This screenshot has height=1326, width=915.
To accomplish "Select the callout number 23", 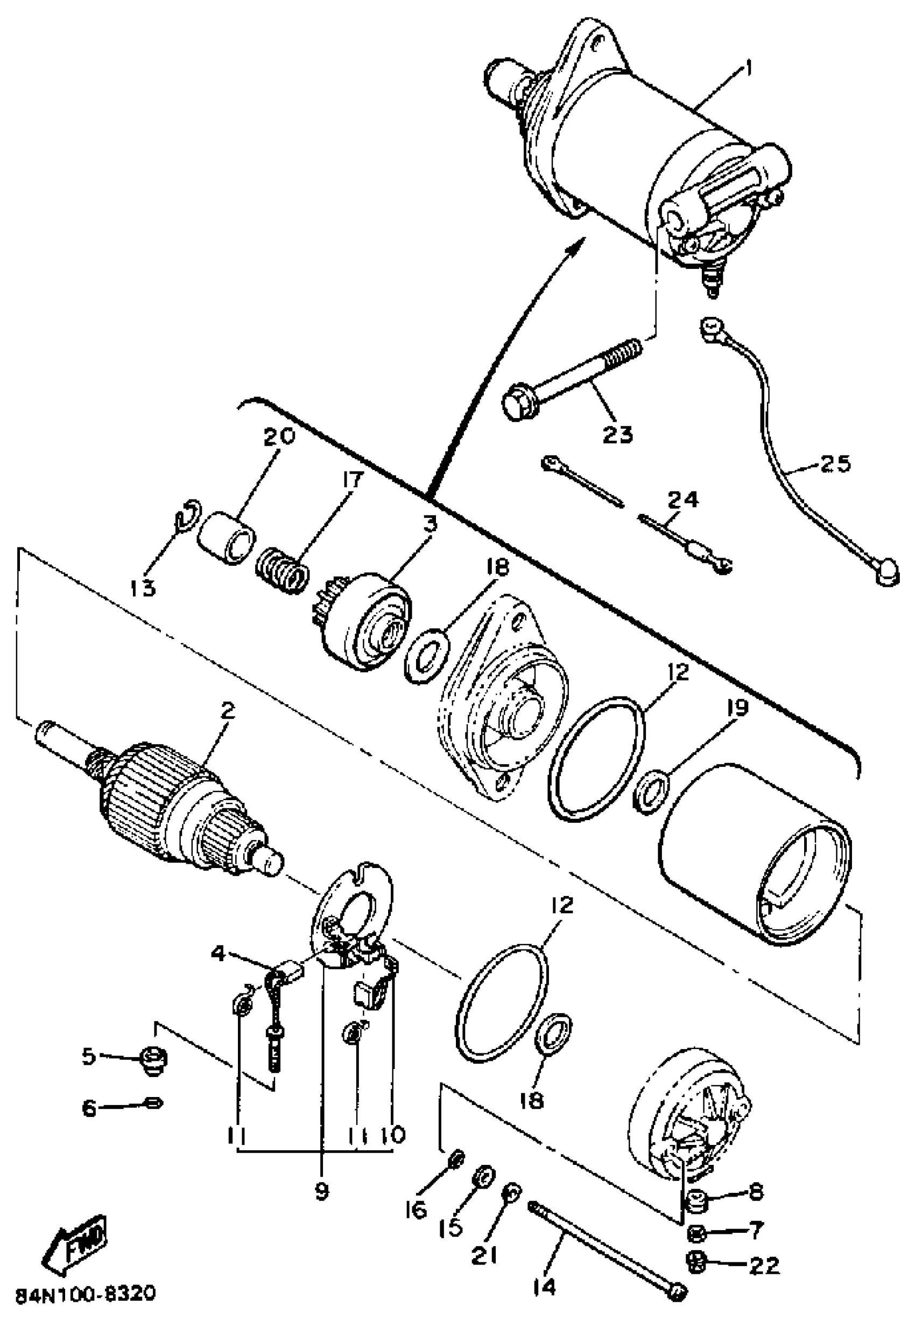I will click(x=617, y=434).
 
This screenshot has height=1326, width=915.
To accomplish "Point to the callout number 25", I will click(x=835, y=463).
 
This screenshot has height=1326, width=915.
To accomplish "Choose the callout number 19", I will click(x=737, y=708).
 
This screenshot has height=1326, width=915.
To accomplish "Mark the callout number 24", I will click(x=684, y=498).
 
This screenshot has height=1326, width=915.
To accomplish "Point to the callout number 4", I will click(x=218, y=954).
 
